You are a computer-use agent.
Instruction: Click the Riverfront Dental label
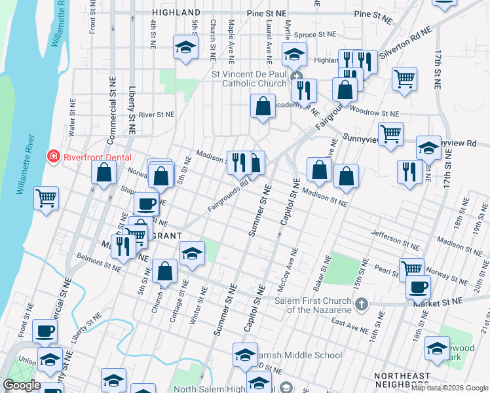(x=97, y=157)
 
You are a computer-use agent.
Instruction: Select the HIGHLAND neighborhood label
(x=176, y=12)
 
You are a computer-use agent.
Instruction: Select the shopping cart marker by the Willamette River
(x=46, y=197)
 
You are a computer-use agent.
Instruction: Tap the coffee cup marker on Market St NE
(x=417, y=286)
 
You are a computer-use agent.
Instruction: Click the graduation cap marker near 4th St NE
(x=185, y=47)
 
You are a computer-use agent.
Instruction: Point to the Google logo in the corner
(x=22, y=385)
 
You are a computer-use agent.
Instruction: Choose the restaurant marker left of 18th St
(x=409, y=172)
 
